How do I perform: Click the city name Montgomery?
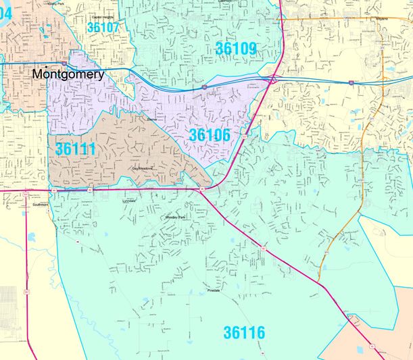[x=68, y=74]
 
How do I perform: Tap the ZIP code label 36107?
[x=103, y=28]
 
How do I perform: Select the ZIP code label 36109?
[x=236, y=48]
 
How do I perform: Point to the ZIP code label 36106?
[x=210, y=135]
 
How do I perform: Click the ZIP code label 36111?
[x=76, y=148]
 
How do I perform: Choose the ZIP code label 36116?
[x=244, y=332]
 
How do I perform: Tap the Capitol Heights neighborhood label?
[x=103, y=17]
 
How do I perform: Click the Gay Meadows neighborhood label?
[x=143, y=168]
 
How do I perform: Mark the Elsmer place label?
[x=151, y=119]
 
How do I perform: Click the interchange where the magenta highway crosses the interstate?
[x=273, y=80]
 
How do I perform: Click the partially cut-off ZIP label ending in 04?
[x=5, y=11]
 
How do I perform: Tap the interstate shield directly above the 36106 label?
[x=203, y=87]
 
